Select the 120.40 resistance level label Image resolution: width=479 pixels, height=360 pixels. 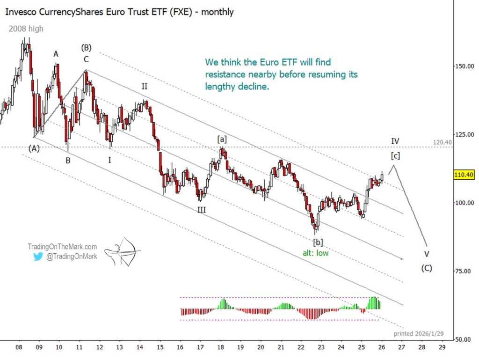click(x=442, y=142)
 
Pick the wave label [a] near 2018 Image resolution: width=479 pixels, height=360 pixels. click(x=221, y=139)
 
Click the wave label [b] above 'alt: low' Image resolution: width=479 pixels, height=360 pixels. click(x=318, y=242)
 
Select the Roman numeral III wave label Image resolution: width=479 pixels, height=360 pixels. click(x=201, y=210)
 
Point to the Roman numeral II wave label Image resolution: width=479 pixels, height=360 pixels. click(x=145, y=87)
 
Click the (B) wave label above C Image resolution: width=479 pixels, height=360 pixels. click(x=86, y=47)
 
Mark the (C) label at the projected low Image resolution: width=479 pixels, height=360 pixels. click(x=426, y=268)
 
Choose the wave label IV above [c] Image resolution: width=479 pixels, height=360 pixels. click(x=395, y=141)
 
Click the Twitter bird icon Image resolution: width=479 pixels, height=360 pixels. click(x=38, y=256)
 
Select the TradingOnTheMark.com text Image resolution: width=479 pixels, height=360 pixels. click(x=62, y=246)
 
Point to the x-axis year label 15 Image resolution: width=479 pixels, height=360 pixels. click(x=160, y=347)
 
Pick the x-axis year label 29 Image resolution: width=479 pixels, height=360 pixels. click(x=442, y=347)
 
